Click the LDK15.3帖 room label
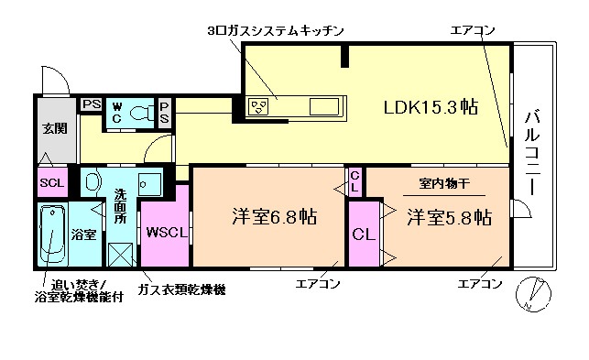click(430, 107)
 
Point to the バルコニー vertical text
click(531, 151)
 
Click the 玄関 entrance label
click(51, 128)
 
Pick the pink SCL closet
click(50, 181)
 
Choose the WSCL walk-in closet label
click(167, 231)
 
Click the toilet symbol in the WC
click(142, 113)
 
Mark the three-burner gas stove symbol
click(259, 107)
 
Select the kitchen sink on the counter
click(326, 107)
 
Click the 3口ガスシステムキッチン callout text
click(275, 31)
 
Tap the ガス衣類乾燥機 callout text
click(181, 290)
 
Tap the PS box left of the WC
click(91, 104)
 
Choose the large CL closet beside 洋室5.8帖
click(364, 234)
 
